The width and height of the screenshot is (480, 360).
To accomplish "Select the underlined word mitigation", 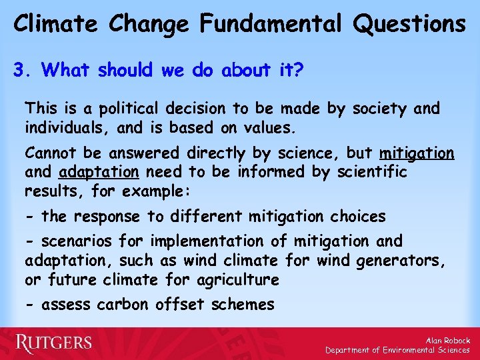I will click(x=417, y=153).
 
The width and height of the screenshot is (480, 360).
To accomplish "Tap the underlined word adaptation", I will click(x=99, y=172).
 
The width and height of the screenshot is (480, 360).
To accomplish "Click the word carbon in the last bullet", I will click(x=123, y=305).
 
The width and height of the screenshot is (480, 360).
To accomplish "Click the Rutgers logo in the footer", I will click(x=54, y=343).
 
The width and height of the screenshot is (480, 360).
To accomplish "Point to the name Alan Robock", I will click(x=447, y=340).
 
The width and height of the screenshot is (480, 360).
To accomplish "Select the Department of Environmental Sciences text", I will click(x=397, y=350).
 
